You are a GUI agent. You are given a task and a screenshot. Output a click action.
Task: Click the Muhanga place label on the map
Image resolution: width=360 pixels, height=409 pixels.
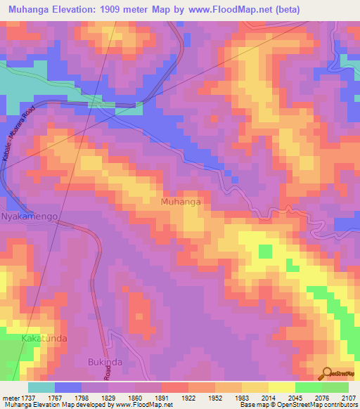click(x=181, y=202)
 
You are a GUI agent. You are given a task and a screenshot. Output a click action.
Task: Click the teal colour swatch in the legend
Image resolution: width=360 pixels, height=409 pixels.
click(x=41, y=387)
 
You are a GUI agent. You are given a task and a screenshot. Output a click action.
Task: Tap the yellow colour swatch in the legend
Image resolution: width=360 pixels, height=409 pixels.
click(x=281, y=387)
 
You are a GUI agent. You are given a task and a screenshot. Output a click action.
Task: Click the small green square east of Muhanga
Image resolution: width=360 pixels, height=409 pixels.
click(x=264, y=251)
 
